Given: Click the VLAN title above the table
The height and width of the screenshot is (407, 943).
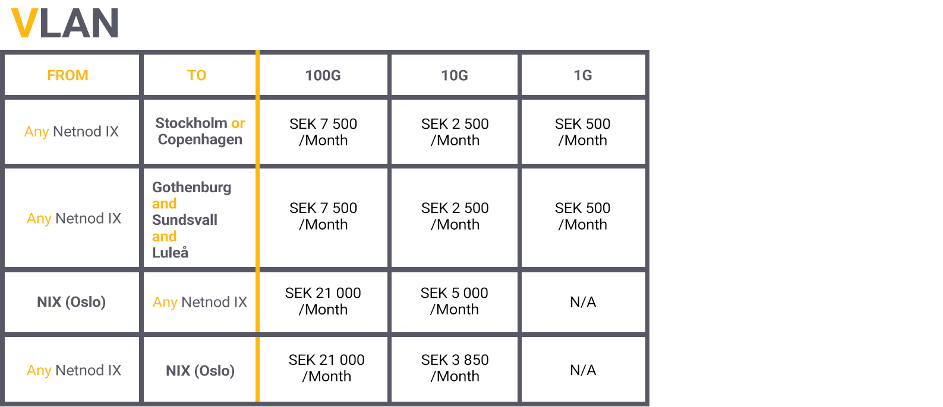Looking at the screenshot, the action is pos(64,23).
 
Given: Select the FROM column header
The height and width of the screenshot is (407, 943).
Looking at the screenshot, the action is pos(68,75).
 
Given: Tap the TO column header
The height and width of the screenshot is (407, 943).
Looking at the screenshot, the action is pos(197,75).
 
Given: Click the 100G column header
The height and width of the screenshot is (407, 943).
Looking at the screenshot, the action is pos(323,75).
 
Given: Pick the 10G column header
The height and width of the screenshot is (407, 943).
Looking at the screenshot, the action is pos(455,75).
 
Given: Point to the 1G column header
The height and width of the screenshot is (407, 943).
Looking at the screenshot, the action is pos(583,75).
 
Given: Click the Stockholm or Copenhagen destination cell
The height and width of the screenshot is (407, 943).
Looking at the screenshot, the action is pos(200,131).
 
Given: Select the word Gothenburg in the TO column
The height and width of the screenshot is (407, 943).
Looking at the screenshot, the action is pos(191,187).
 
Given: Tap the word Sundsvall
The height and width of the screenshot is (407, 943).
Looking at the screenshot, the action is pos(185,220).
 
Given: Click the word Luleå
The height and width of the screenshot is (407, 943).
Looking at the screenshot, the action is pos(170,252).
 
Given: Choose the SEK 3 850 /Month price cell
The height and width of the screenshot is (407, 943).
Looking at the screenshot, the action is pos(455,368).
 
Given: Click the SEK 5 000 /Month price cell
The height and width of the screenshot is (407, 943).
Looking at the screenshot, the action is pos(454,301).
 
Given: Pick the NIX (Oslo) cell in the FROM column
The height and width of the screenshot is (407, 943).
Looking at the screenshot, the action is pos(71,302).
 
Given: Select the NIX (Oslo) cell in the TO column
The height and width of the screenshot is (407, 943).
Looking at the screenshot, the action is pos(200,370).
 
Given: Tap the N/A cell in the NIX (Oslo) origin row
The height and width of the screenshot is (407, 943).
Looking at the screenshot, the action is pos(583,302).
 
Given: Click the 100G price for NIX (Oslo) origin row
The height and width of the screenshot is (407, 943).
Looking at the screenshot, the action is pos(323,301).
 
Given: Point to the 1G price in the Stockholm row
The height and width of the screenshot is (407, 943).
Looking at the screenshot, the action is pos(583,132).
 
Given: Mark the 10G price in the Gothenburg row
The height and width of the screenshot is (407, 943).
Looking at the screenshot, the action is pos(455,216).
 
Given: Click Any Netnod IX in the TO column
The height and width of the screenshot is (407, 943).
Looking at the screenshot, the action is pos(200,303).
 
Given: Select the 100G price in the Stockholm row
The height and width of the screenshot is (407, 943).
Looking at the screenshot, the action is pos(323,132).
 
